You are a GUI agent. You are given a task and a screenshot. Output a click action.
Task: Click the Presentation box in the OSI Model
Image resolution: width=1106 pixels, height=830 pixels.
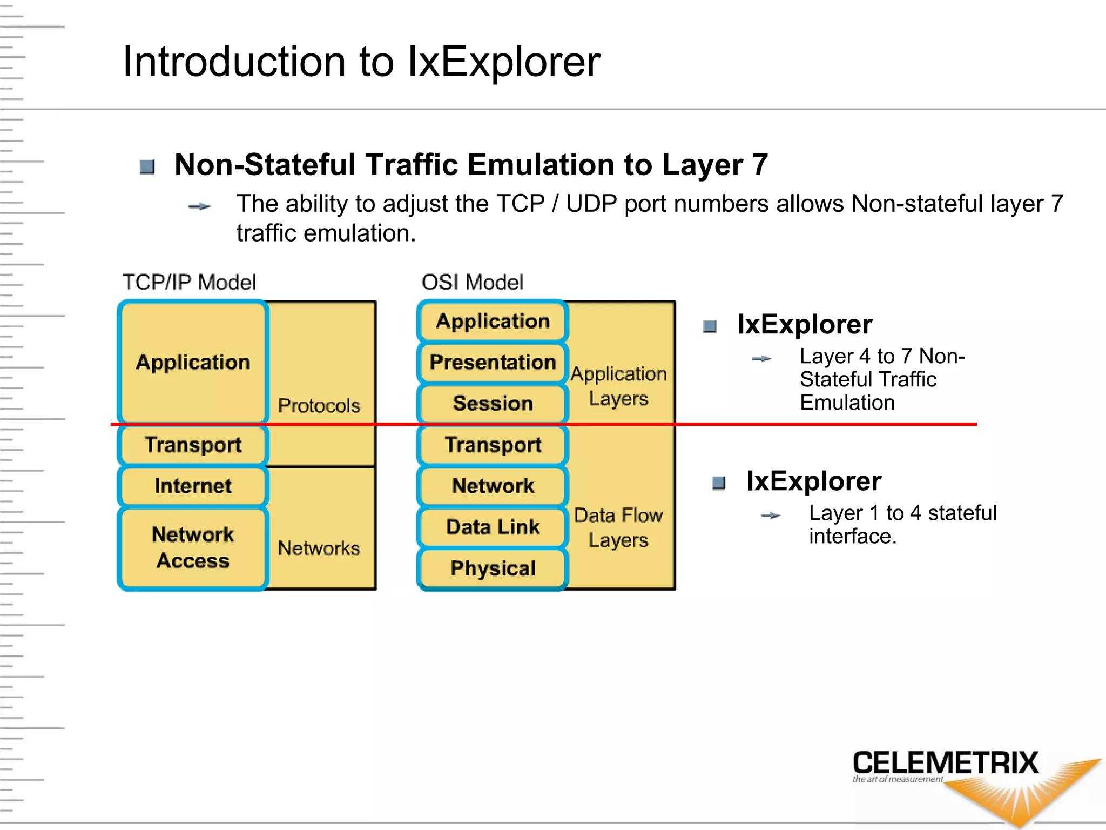pyautogui.click(x=493, y=362)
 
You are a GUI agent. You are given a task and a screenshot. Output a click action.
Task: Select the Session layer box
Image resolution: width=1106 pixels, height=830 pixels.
pyautogui.click(x=493, y=403)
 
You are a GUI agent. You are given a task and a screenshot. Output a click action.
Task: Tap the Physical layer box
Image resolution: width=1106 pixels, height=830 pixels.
pyautogui.click(x=493, y=568)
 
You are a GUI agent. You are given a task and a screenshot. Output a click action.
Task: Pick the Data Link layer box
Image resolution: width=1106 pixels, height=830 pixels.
pyautogui.click(x=493, y=527)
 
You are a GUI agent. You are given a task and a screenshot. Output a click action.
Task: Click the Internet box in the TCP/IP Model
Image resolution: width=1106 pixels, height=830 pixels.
pyautogui.click(x=193, y=486)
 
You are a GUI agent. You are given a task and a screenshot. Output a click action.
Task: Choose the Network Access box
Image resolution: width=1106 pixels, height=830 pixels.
pyautogui.click(x=193, y=548)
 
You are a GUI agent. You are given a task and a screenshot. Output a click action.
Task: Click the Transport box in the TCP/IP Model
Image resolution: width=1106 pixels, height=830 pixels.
pyautogui.click(x=193, y=445)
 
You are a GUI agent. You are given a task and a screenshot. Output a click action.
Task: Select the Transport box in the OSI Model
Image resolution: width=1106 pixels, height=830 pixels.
pyautogui.click(x=493, y=445)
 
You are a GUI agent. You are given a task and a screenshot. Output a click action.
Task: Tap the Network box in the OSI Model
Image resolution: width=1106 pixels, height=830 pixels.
pyautogui.click(x=493, y=486)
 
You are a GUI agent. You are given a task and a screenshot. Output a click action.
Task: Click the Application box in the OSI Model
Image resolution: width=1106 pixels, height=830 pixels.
pyautogui.click(x=493, y=321)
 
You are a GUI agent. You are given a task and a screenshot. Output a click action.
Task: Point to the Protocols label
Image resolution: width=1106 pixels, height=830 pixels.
pyautogui.click(x=319, y=405)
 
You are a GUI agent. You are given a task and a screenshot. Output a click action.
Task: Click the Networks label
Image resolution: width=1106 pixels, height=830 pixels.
pyautogui.click(x=319, y=548)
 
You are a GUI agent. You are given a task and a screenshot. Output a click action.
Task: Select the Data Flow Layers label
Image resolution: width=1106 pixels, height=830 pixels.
pyautogui.click(x=618, y=527)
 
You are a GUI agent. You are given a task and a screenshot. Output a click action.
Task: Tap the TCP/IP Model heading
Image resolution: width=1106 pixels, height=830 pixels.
pyautogui.click(x=189, y=282)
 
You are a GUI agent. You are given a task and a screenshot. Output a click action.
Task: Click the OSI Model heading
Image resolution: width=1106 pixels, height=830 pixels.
pyautogui.click(x=473, y=282)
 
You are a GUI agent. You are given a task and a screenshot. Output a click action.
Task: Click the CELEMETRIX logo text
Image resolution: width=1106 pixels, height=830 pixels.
pyautogui.click(x=946, y=763)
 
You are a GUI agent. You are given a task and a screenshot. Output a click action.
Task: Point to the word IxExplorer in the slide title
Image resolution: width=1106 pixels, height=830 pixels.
pyautogui.click(x=504, y=62)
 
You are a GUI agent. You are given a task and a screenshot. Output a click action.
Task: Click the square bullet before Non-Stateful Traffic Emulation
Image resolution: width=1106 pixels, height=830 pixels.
pyautogui.click(x=147, y=167)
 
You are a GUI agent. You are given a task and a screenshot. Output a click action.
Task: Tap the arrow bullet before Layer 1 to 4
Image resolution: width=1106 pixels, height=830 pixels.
pyautogui.click(x=771, y=516)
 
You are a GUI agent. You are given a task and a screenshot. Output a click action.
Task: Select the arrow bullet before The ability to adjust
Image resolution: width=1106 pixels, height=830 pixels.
pyautogui.click(x=199, y=206)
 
